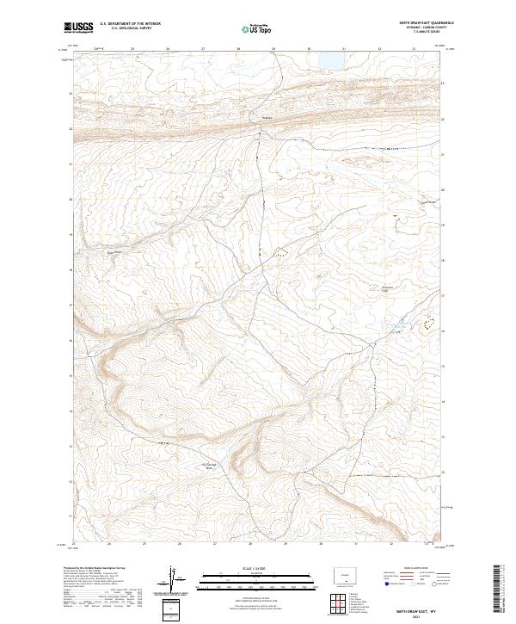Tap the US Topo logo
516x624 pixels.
pyautogui.click(x=256, y=29)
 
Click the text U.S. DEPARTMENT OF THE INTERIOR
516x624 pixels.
pyautogui.click(x=130, y=24)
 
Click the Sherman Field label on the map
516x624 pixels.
pyautogui.click(x=386, y=288)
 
